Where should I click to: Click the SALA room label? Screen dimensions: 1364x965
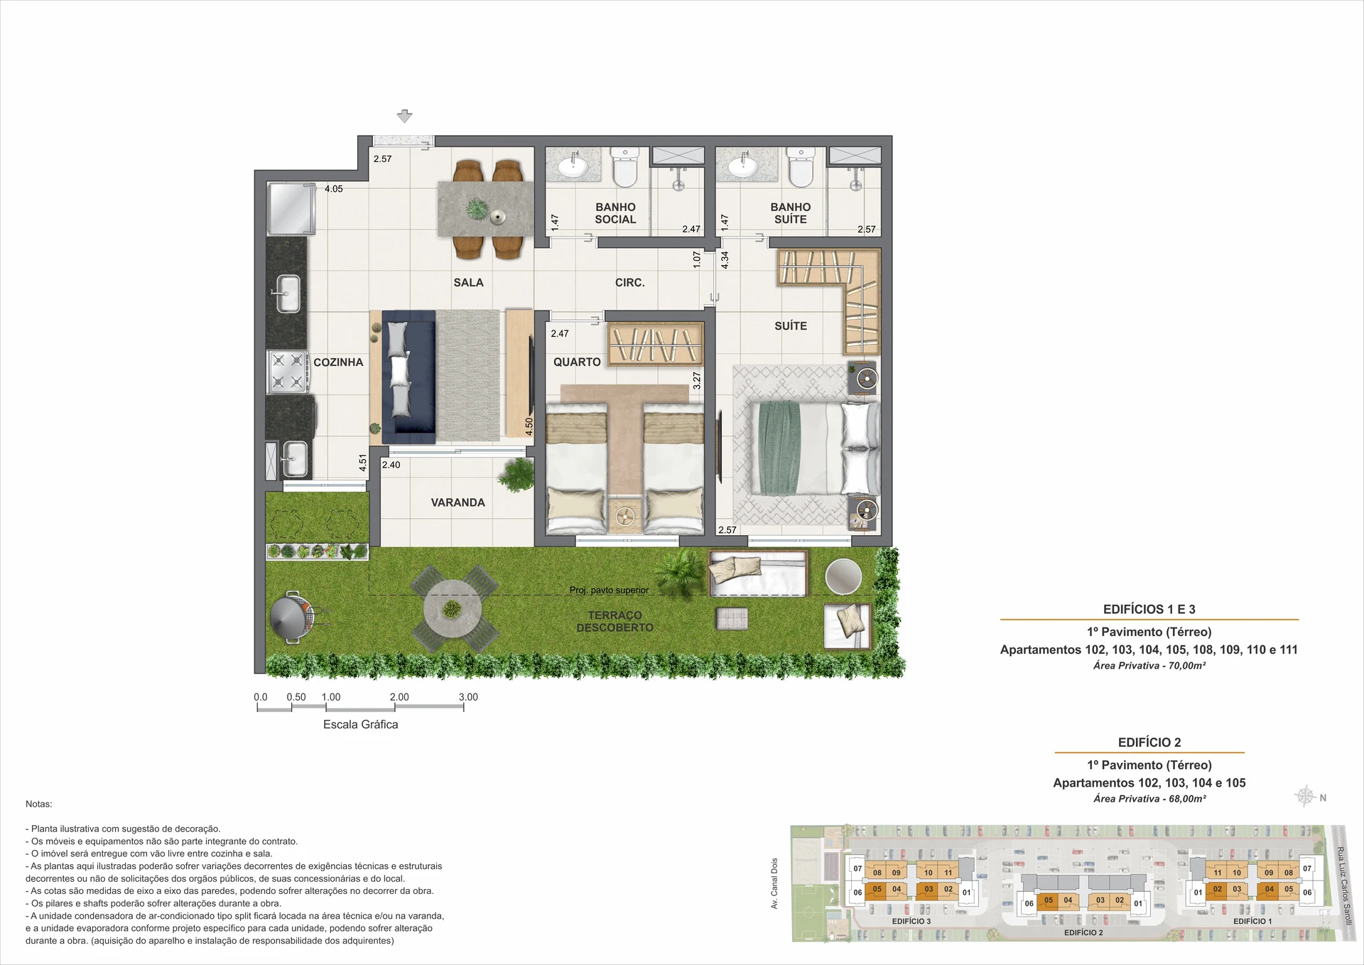point(468,283)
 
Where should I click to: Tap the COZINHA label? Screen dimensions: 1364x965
point(338,362)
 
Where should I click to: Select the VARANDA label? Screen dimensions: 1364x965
point(458,502)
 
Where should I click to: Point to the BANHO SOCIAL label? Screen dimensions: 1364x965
point(615,213)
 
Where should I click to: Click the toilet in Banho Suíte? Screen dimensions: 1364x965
point(801,167)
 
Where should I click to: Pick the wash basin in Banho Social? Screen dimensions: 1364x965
point(573,167)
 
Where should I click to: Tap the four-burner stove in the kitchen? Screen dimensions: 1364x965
point(287,372)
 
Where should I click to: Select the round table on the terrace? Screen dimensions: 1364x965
point(453,609)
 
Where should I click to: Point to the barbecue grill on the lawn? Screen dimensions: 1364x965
point(291,617)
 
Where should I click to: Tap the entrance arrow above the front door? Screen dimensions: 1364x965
point(404,117)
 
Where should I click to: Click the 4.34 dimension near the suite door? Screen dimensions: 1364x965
point(725,260)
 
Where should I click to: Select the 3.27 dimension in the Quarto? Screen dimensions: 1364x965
point(697,381)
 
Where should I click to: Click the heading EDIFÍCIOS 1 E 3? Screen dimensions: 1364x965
point(1149,610)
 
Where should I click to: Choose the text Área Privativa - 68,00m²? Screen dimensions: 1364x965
point(1149,799)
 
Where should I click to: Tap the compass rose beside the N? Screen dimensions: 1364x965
point(1306,796)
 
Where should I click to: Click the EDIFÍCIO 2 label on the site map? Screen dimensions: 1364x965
point(1083,933)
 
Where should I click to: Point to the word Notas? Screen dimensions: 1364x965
point(39,804)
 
